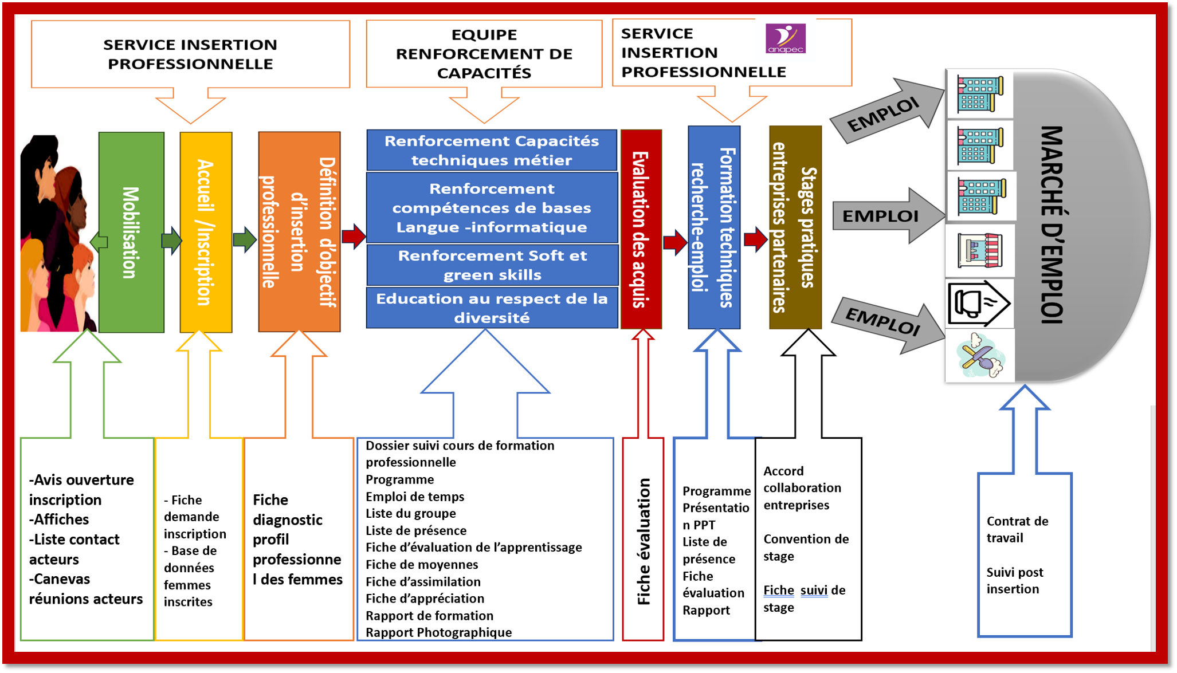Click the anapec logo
(x=785, y=38)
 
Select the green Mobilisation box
(x=131, y=232)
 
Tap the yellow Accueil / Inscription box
(x=206, y=232)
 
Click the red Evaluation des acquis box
(x=641, y=229)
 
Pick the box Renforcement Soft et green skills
(x=492, y=265)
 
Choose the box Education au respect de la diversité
(x=492, y=308)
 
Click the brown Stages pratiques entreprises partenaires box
(x=795, y=227)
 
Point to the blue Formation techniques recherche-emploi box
(x=713, y=227)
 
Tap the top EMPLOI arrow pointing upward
(x=885, y=112)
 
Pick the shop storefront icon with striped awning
(x=979, y=250)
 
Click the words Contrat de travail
(x=1017, y=529)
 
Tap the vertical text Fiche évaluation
(x=644, y=541)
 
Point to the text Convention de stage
(x=805, y=547)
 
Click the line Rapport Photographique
(x=438, y=632)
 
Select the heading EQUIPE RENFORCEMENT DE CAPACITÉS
(x=484, y=53)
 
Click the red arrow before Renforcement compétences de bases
(x=354, y=235)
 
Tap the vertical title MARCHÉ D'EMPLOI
(x=1052, y=225)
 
